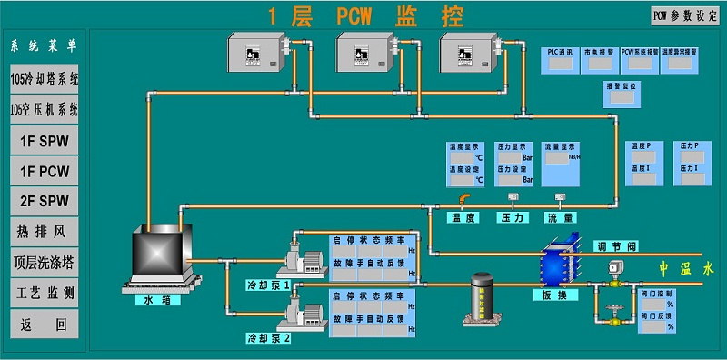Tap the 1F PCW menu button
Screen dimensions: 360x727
tap(44, 170)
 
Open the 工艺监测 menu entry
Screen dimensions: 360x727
tap(44, 294)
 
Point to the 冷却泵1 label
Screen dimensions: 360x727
tap(268, 285)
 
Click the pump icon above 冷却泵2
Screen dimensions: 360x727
tap(304, 314)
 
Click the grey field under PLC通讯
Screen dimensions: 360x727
tap(560, 66)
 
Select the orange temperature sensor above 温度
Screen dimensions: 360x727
tap(463, 200)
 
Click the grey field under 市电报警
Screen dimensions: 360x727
tap(599, 66)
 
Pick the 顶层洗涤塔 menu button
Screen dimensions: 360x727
tap(44, 263)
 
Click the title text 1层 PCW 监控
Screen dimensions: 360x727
tap(364, 15)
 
